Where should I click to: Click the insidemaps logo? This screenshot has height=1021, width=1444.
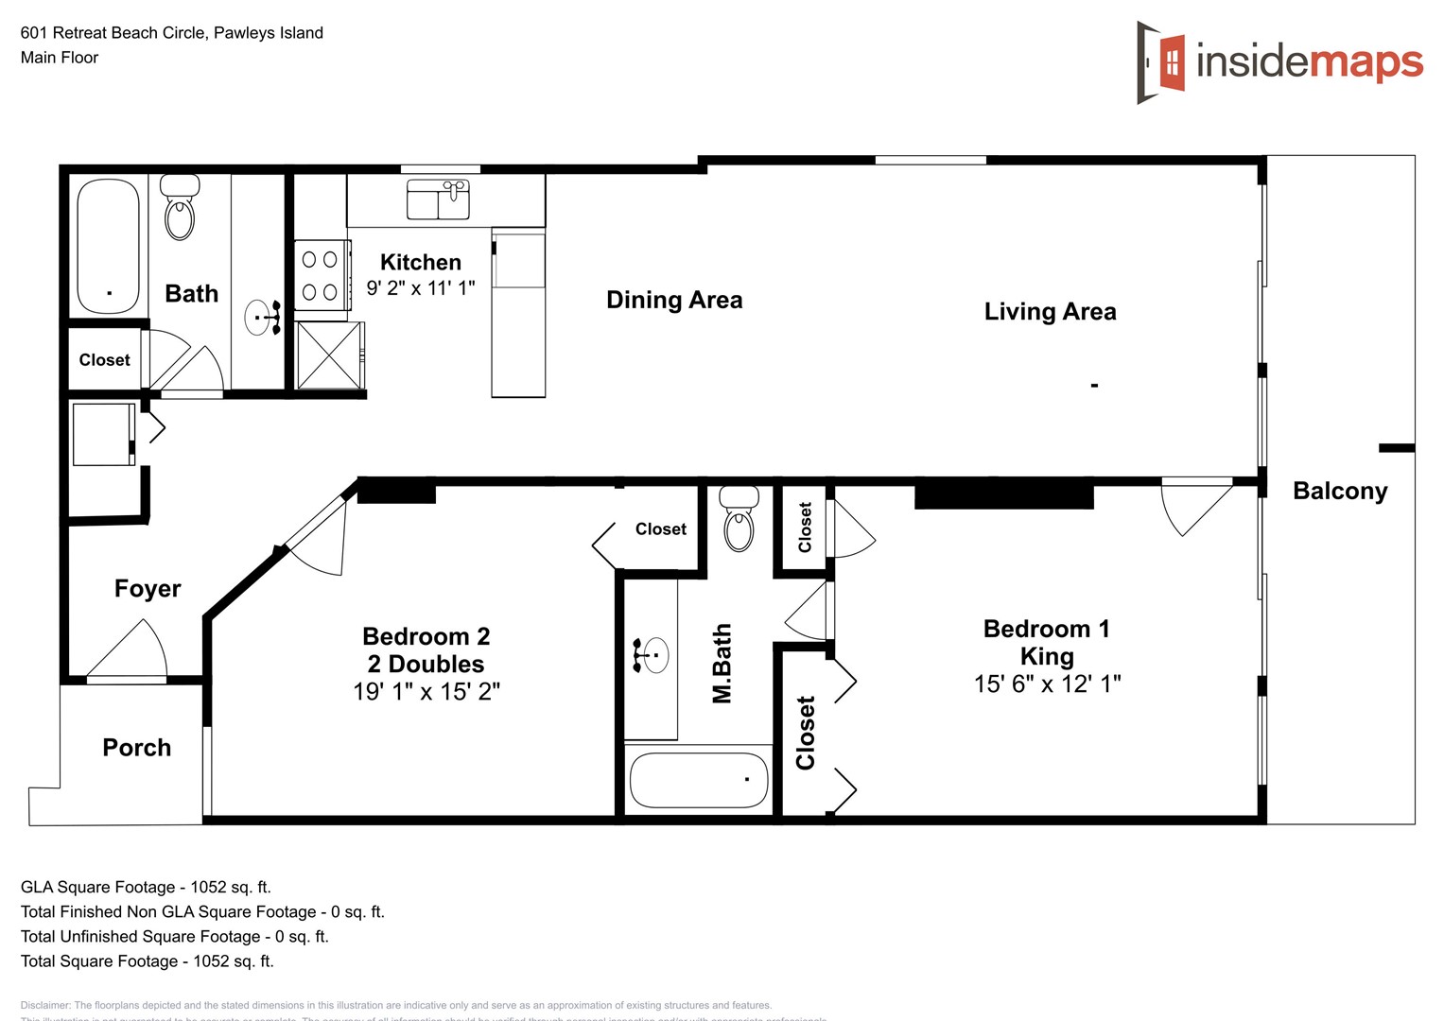pyautogui.click(x=1279, y=62)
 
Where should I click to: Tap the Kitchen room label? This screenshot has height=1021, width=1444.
pyautogui.click(x=420, y=263)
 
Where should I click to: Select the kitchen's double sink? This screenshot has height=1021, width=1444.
pyautogui.click(x=438, y=199)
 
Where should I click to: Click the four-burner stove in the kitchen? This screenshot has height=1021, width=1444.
pyautogui.click(x=321, y=274)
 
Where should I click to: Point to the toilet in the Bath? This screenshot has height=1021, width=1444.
pyautogui.click(x=180, y=208)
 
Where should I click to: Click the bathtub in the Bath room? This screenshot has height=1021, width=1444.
pyautogui.click(x=108, y=246)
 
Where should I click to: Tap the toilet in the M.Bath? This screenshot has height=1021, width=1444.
pyautogui.click(x=739, y=519)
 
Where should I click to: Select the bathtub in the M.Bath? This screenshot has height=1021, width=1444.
pyautogui.click(x=699, y=780)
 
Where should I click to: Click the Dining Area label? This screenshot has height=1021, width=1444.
pyautogui.click(x=673, y=301)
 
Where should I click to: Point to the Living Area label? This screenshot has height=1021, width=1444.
pyautogui.click(x=1050, y=312)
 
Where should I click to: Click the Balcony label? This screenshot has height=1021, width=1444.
pyautogui.click(x=1339, y=492)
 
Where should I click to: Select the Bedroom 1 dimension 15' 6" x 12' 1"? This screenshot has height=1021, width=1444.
pyautogui.click(x=1047, y=684)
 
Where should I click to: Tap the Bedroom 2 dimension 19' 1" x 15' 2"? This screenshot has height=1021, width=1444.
pyautogui.click(x=426, y=692)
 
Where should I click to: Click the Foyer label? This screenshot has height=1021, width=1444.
pyautogui.click(x=147, y=589)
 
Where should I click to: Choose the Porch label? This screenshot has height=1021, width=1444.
pyautogui.click(x=136, y=748)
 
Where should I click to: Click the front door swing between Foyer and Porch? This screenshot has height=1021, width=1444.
pyautogui.click(x=129, y=652)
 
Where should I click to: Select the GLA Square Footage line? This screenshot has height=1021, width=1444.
pyautogui.click(x=146, y=888)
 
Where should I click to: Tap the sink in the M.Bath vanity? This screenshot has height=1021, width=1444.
pyautogui.click(x=652, y=655)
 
